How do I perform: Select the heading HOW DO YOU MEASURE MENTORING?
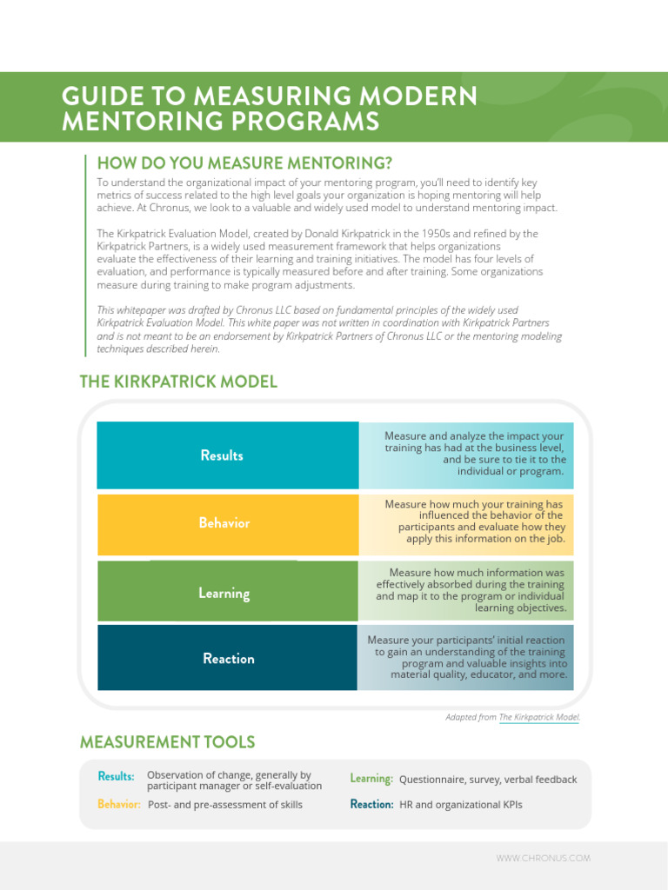pyautogui.click(x=244, y=163)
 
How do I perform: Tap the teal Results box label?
pyautogui.click(x=222, y=455)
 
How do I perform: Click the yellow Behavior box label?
pyautogui.click(x=224, y=523)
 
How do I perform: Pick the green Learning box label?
pyautogui.click(x=224, y=594)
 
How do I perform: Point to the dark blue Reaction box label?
pyautogui.click(x=228, y=659)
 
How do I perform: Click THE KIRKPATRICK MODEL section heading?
pyautogui.click(x=178, y=382)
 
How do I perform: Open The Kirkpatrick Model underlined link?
pyautogui.click(x=538, y=717)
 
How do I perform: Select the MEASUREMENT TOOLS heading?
pyautogui.click(x=167, y=742)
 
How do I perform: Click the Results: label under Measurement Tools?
pyautogui.click(x=116, y=776)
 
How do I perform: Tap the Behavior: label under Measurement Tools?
pyautogui.click(x=119, y=805)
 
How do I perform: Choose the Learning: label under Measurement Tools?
pyautogui.click(x=371, y=779)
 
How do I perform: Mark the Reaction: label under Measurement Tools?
pyautogui.click(x=371, y=805)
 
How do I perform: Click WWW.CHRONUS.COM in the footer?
pyautogui.click(x=543, y=859)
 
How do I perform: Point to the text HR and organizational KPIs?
pyautogui.click(x=461, y=806)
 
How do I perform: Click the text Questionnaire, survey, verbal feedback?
pyautogui.click(x=488, y=780)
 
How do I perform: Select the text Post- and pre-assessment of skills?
pyautogui.click(x=225, y=806)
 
